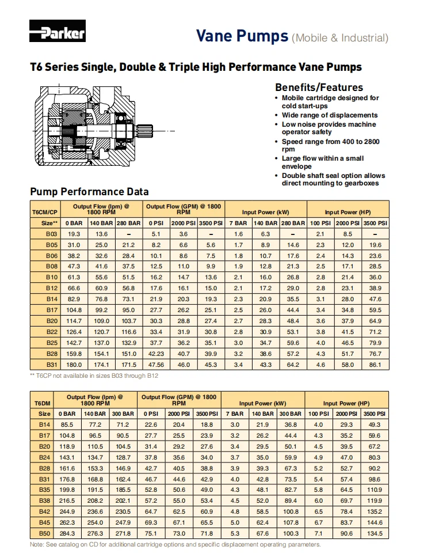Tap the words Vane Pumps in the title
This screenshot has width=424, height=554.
click(x=242, y=36)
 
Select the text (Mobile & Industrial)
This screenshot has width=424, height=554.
click(x=340, y=38)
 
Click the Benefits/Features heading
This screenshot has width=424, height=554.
click(x=319, y=88)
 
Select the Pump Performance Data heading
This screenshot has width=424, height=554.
click(x=89, y=192)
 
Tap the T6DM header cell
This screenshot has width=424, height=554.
click(x=43, y=404)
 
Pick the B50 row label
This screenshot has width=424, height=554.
click(x=44, y=533)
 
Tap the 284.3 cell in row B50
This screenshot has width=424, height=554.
click(x=68, y=533)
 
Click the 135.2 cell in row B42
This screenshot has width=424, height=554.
click(x=374, y=511)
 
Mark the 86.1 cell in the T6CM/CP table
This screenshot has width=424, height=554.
click(x=375, y=365)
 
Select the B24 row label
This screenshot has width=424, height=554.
click(x=44, y=457)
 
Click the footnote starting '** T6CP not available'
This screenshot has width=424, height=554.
click(x=94, y=375)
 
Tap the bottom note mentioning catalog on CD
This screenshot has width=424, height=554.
click(x=175, y=545)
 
